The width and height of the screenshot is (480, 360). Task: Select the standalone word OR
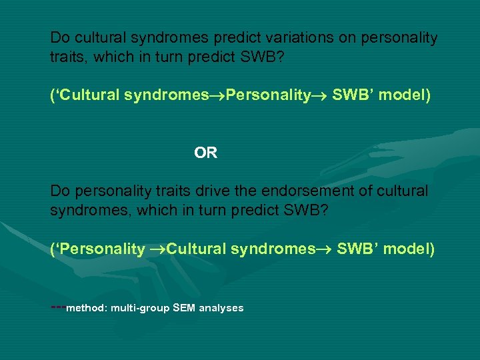point(205,153)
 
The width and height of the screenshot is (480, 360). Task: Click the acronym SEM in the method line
point(183,308)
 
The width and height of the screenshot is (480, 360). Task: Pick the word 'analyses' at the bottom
point(220,308)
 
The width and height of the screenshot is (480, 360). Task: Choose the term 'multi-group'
point(140,308)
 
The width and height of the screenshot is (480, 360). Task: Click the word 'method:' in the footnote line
point(87,308)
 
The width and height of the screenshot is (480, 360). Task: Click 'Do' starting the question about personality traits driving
point(59,191)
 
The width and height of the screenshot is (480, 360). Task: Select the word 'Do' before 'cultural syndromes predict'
point(59,38)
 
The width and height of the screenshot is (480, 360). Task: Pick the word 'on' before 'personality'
point(348,38)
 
